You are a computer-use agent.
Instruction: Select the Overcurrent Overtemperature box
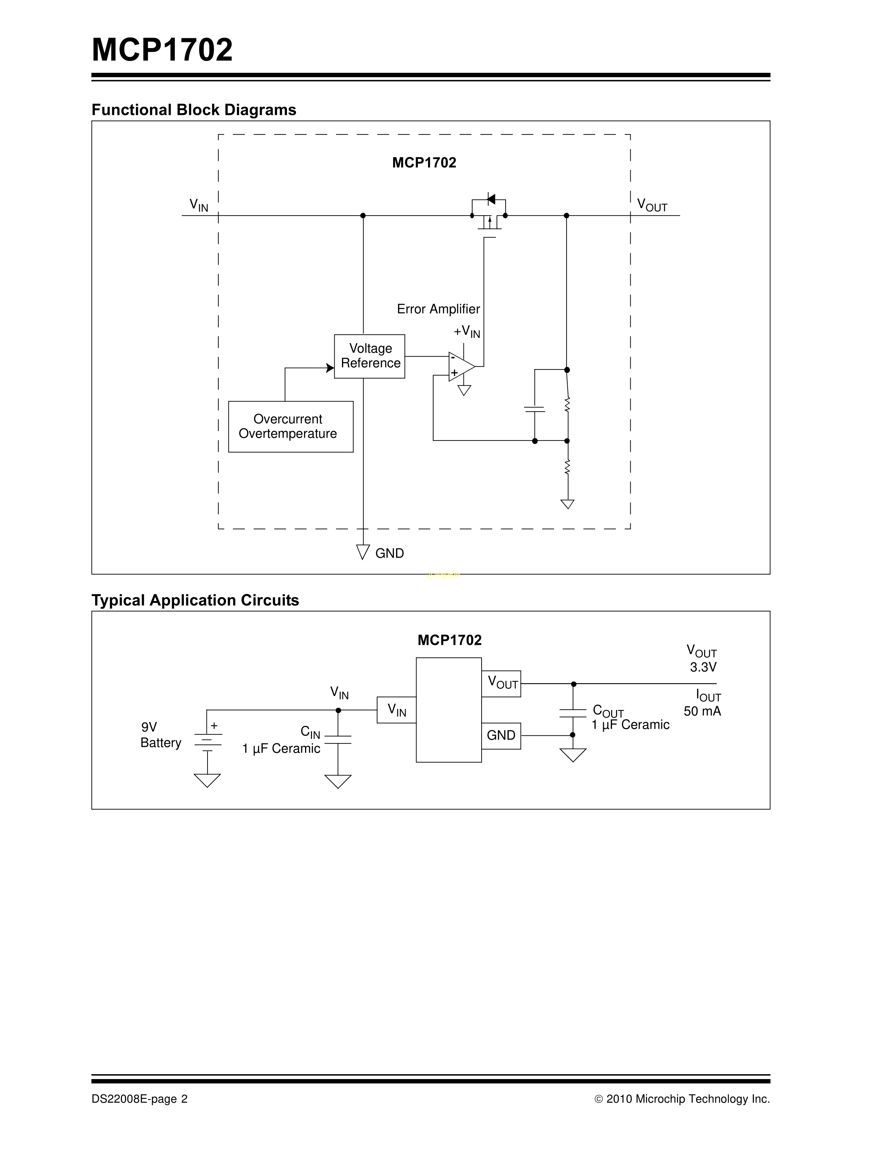290,427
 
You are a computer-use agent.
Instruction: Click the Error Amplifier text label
438,309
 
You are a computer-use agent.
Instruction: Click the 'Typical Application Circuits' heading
195,600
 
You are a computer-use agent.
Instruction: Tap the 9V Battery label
161,735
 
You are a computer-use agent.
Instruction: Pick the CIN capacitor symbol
338,739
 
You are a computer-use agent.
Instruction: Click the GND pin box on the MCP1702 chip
501,735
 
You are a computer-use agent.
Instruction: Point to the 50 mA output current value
702,711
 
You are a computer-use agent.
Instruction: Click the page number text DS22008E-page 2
139,1099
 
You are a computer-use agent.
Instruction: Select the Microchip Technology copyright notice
682,1099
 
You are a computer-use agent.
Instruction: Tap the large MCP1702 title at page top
162,50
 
